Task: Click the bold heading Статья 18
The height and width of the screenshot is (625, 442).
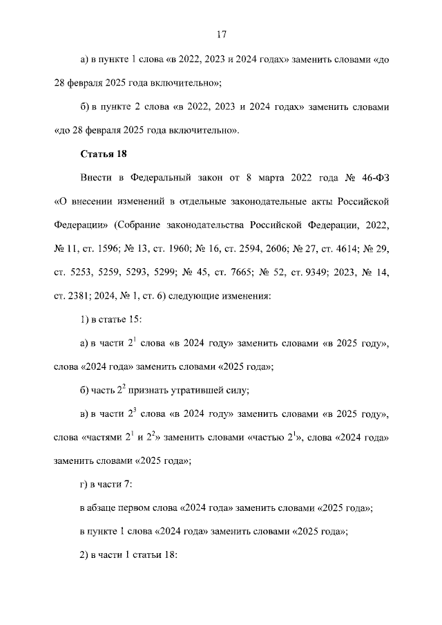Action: point(104,153)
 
